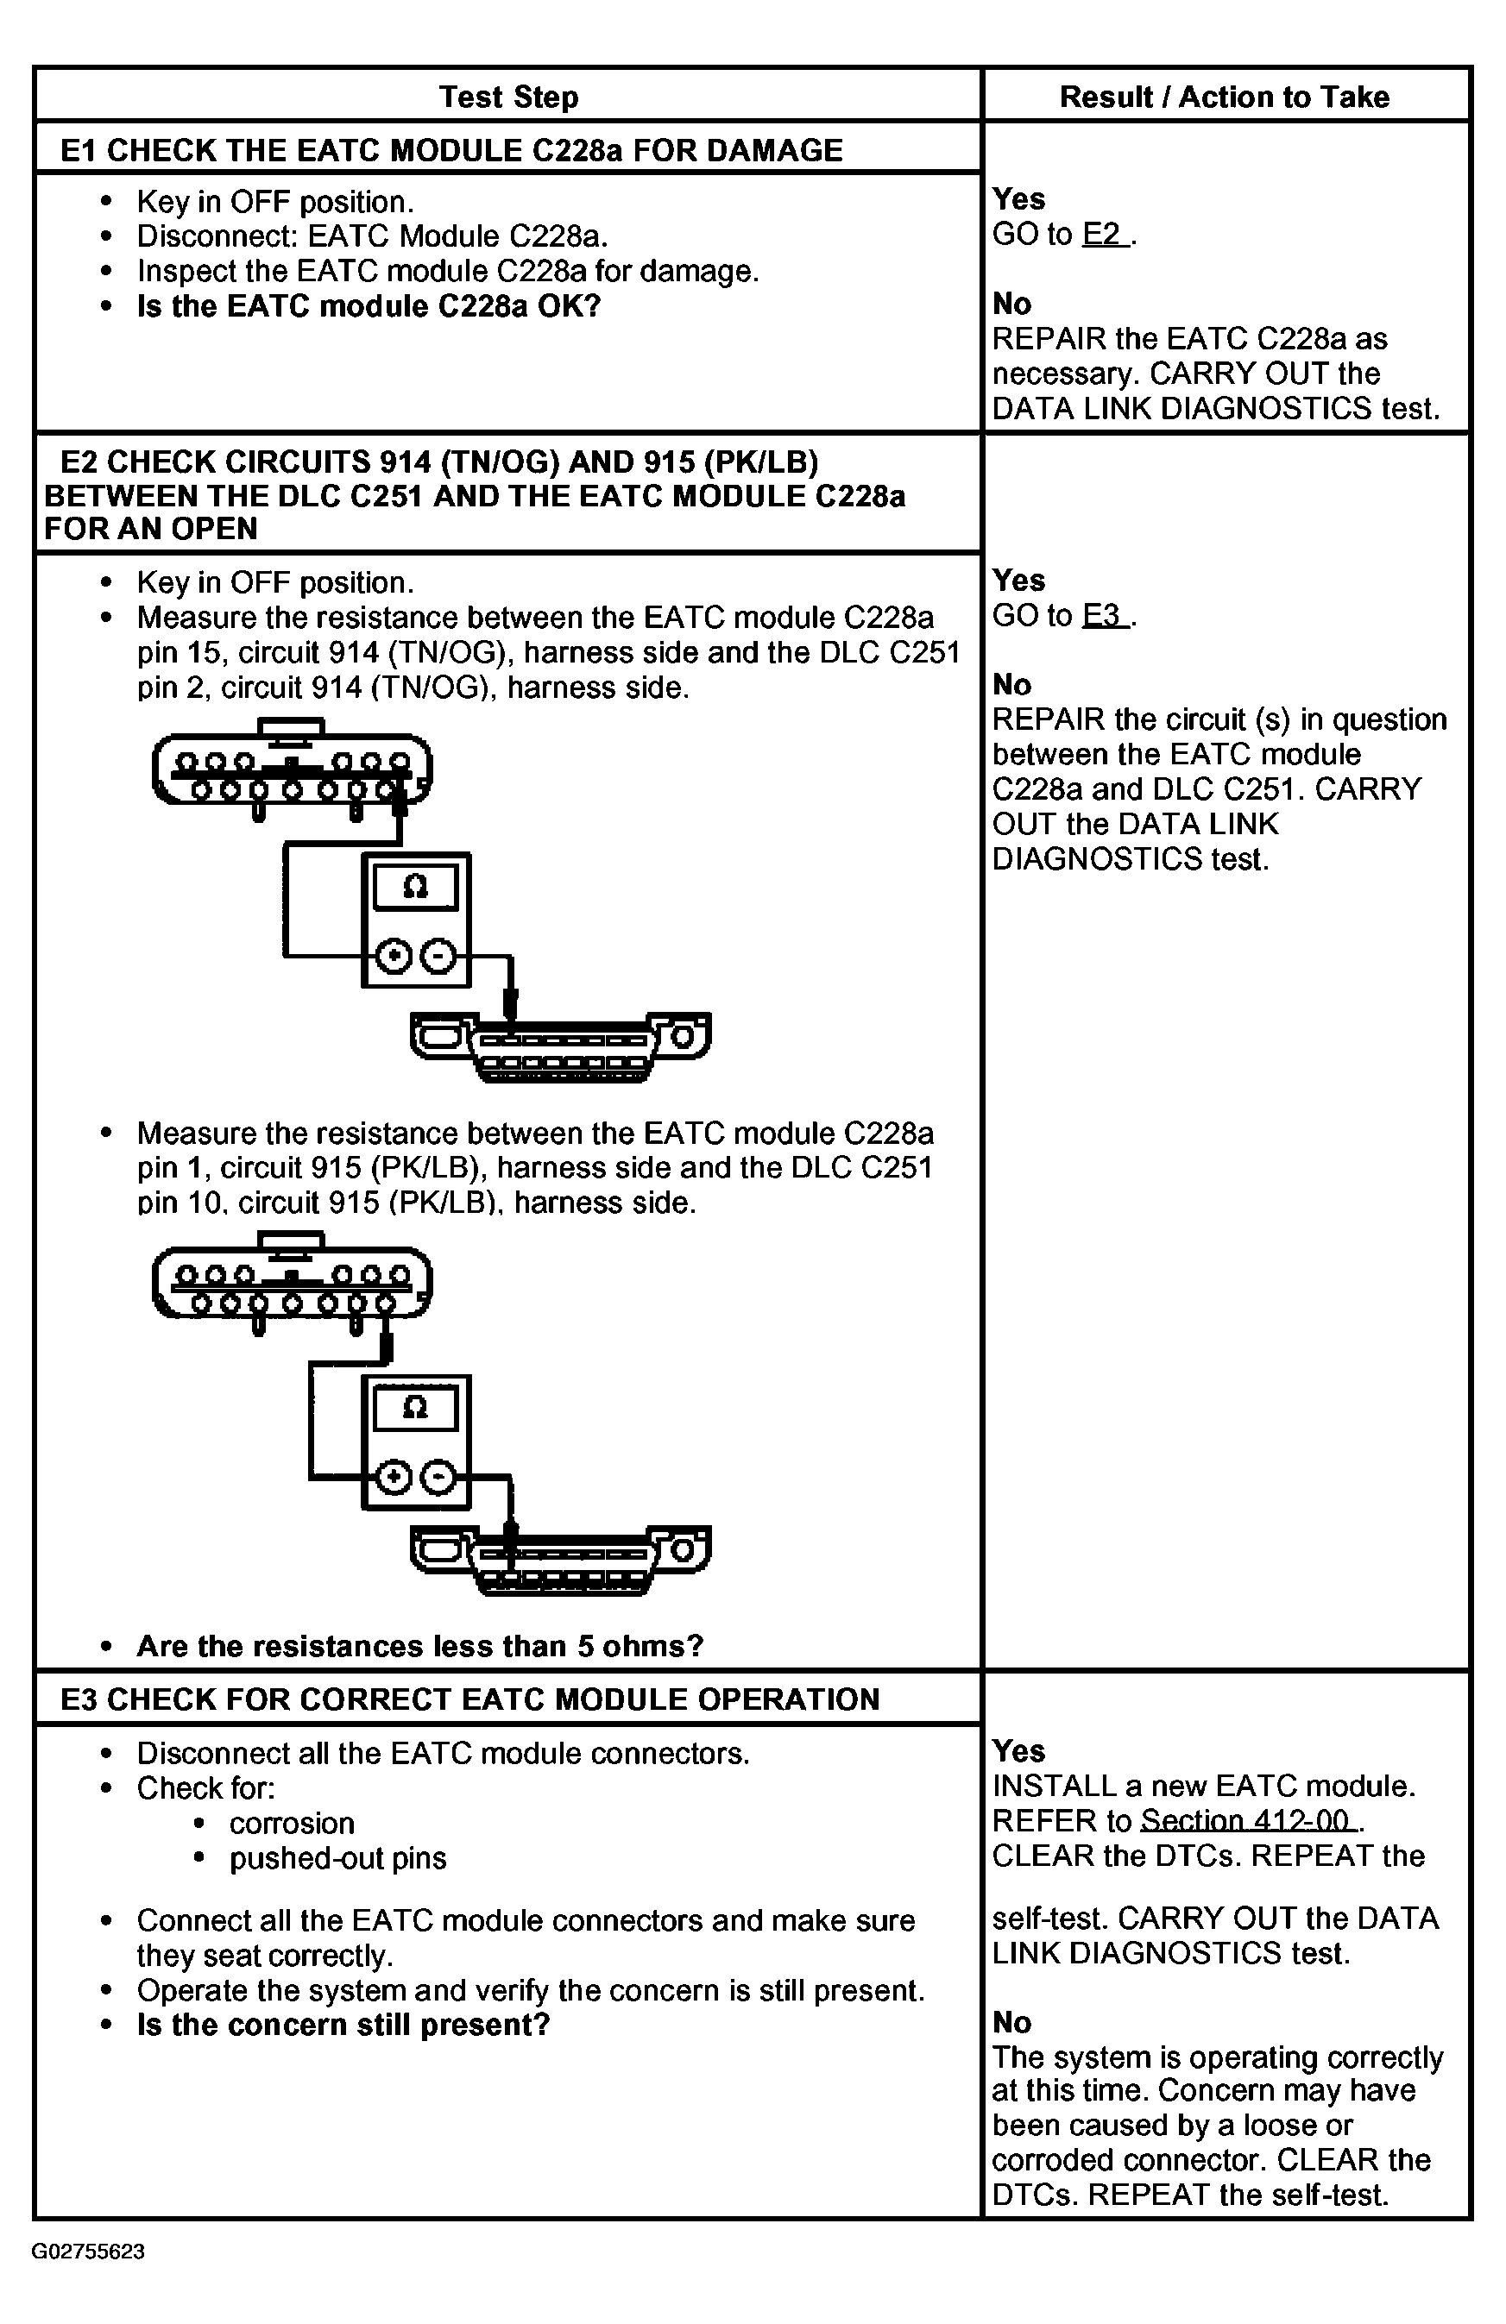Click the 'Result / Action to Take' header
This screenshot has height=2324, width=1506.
tap(1224, 97)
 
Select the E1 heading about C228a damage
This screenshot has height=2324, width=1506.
tap(451, 150)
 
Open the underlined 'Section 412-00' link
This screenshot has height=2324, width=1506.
tap(1251, 1820)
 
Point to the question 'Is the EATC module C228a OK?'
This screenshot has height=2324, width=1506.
tap(369, 306)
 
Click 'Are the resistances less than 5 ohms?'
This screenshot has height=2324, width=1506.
tap(420, 1645)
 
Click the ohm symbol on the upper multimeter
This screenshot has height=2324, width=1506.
tap(415, 887)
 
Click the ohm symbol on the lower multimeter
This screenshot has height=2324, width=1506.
tap(415, 1407)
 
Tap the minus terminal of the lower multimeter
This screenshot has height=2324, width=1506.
tap(438, 1478)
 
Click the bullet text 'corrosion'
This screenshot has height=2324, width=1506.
tap(291, 1823)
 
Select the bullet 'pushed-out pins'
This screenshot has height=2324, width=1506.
tap(338, 1858)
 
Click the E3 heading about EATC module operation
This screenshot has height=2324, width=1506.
tap(469, 1699)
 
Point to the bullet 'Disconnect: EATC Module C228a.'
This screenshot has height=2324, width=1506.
tap(371, 236)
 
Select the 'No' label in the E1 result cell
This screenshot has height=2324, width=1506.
tap(1011, 304)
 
